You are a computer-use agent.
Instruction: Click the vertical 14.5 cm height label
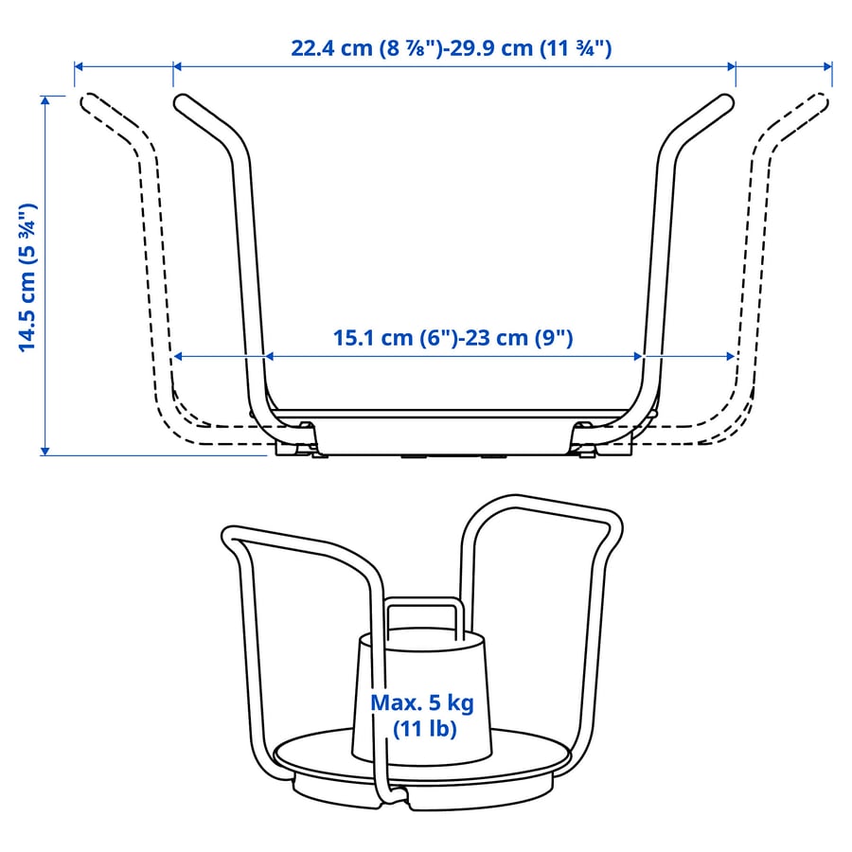(x=27, y=278)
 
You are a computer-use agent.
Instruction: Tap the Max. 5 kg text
(x=422, y=702)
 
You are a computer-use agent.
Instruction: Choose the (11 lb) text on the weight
(x=424, y=729)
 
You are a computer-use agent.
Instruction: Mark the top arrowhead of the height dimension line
(x=45, y=100)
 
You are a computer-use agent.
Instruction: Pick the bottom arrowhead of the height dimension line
(x=45, y=451)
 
